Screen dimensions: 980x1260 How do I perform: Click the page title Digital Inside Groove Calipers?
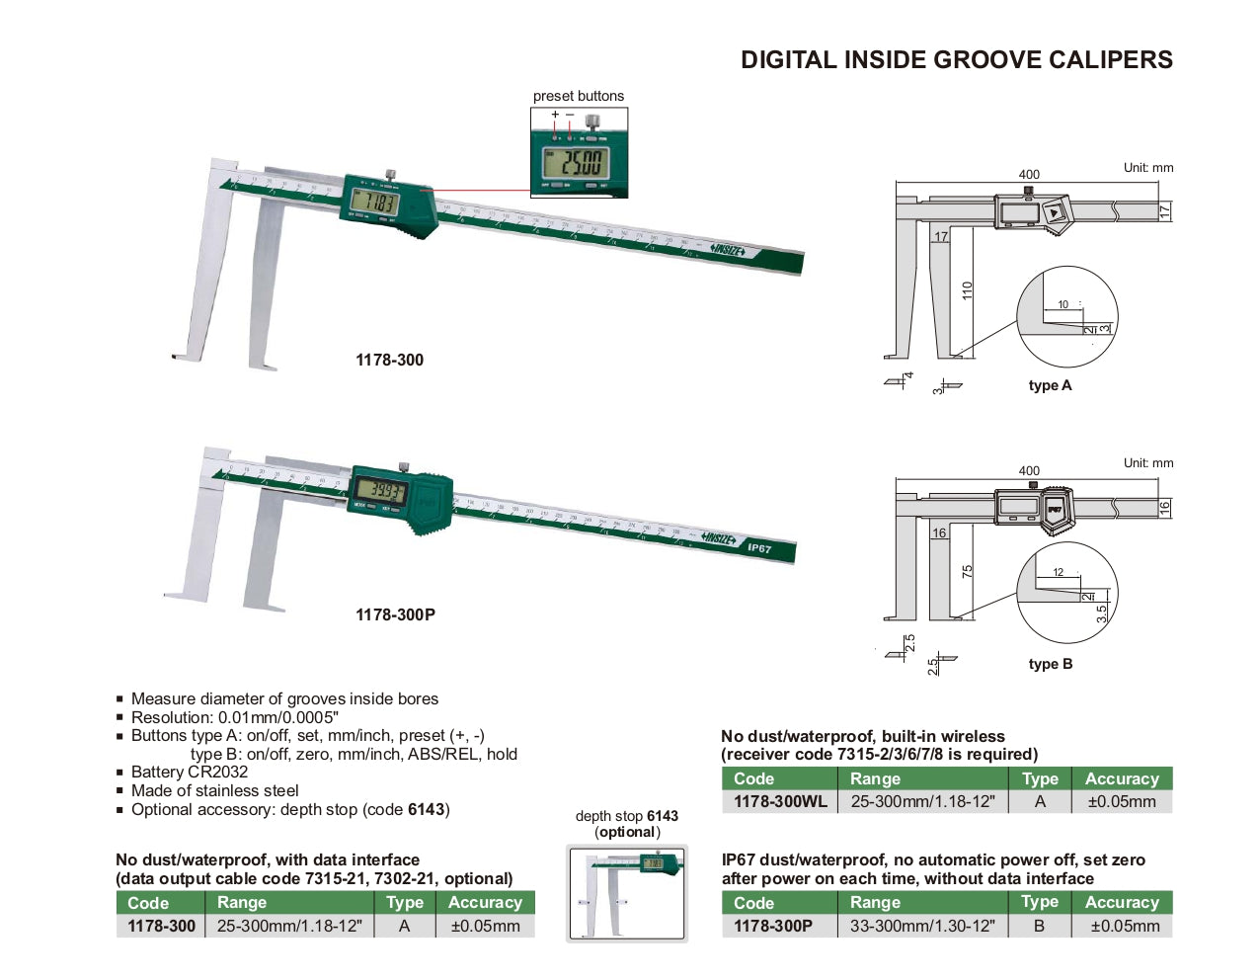956,60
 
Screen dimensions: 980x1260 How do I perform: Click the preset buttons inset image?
579,153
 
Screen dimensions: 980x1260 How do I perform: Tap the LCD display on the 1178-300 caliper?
375,203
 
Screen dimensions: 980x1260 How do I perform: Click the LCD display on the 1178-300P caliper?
381,491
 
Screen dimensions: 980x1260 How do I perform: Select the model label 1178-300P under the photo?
395,614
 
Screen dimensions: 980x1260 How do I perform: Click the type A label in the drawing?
1050,385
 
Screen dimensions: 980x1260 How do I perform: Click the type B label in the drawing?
1050,664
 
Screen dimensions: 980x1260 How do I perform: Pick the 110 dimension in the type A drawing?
968,290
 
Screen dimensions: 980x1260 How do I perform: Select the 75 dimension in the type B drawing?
968,571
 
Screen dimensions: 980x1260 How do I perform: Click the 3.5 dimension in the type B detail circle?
1102,612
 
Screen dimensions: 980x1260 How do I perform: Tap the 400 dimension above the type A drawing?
1029,174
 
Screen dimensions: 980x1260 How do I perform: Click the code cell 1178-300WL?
780,801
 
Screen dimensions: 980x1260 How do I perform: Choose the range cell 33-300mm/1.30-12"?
922,926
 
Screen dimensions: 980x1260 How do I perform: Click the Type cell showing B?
1039,926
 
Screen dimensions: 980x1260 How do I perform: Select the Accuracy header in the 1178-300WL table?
1122,778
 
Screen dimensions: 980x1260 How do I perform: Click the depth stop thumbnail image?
627,893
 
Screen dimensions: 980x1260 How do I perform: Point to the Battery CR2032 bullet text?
190,772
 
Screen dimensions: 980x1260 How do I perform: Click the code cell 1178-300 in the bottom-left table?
161,926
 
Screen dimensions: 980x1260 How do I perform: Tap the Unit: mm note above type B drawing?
1148,462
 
